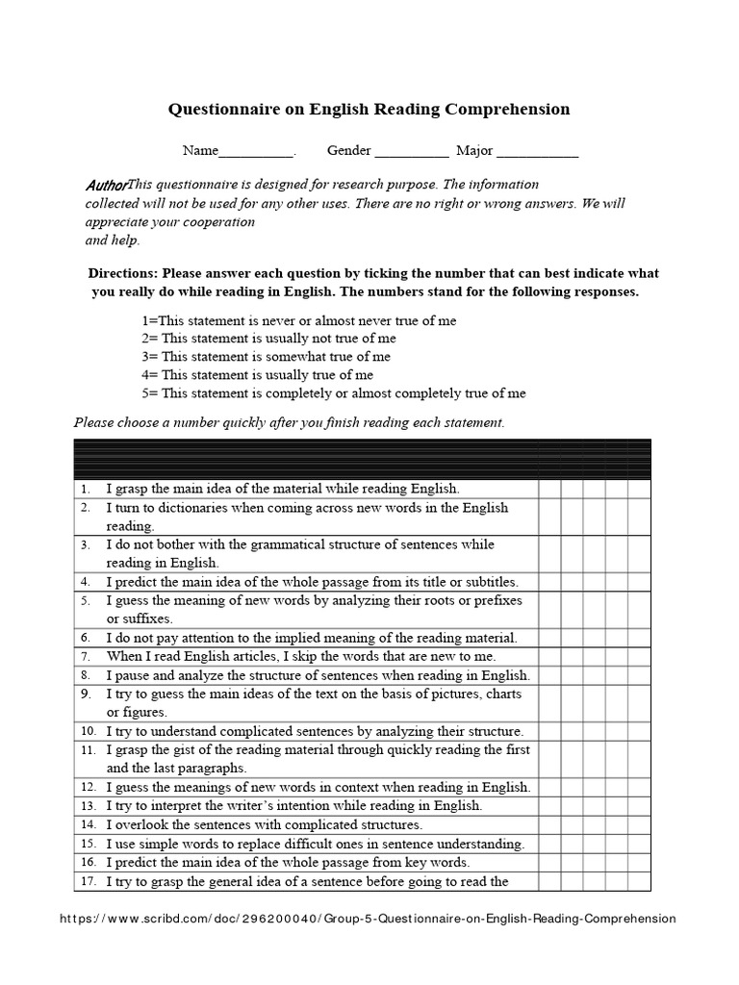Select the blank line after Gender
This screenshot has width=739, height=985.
tap(411, 152)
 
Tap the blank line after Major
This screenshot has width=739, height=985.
tap(538, 152)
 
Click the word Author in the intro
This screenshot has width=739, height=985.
tap(106, 184)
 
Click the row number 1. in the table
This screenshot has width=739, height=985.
tap(86, 489)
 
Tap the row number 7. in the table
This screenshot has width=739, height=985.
tap(86, 655)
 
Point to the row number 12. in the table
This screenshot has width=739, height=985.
tap(88, 787)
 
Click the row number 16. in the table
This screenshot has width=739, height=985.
tap(88, 862)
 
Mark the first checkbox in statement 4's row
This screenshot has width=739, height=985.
tap(549, 582)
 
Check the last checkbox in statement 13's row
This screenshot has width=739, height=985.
tap(640, 805)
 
